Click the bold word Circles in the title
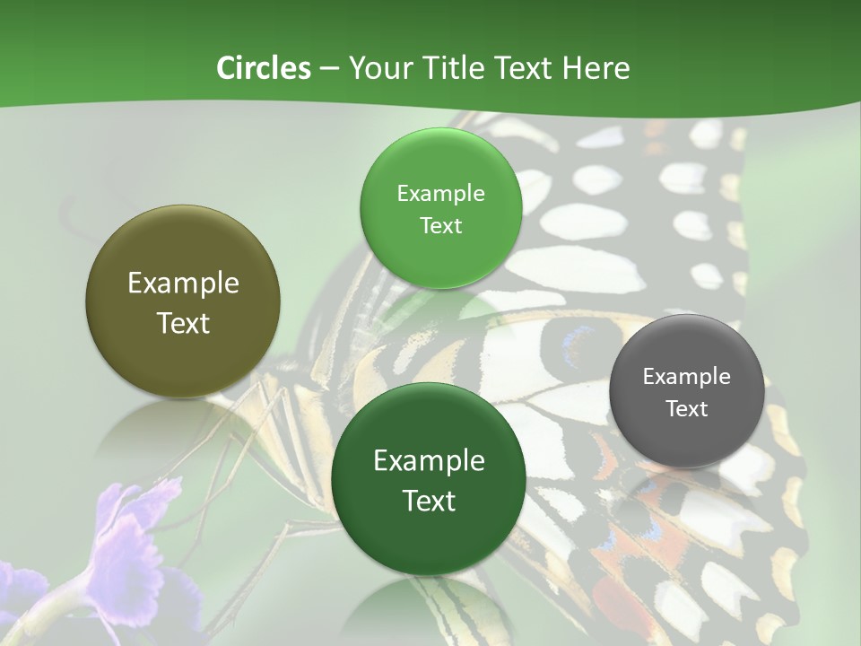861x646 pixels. coord(263,68)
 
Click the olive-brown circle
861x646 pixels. coord(183,301)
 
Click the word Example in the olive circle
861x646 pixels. coord(183,284)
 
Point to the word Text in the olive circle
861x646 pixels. coord(183,323)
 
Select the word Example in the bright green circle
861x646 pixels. coord(440,194)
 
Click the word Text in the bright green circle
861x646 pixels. coord(440,226)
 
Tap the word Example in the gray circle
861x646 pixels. coord(686,377)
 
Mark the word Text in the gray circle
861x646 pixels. coord(686,409)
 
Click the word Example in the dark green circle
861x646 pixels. coord(429,461)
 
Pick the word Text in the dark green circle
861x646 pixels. coord(429,501)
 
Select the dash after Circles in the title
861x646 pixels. coord(328,69)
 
